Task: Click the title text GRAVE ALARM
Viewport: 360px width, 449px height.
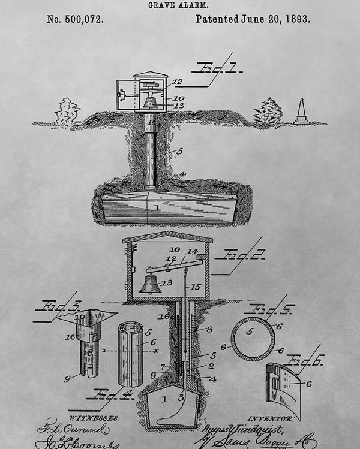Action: [179, 4]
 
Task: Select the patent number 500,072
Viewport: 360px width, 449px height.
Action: [75, 19]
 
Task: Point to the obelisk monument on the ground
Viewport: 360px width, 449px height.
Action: [301, 112]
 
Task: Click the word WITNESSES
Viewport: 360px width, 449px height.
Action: [94, 417]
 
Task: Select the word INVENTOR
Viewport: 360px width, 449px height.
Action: [270, 418]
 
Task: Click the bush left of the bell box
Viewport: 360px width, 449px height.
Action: [67, 112]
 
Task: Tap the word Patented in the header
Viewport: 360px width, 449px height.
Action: [218, 19]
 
